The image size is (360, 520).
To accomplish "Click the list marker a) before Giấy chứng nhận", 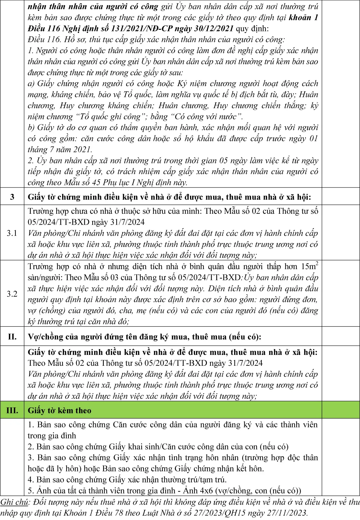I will [x=31, y=84].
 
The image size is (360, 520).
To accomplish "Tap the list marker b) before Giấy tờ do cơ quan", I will [x=31, y=127].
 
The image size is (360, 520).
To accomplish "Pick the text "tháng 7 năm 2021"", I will [x=59, y=149].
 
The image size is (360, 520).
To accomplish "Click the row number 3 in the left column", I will [x=12, y=196].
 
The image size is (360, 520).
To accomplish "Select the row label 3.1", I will [x=12, y=233].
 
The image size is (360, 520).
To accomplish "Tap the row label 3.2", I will [x=12, y=294].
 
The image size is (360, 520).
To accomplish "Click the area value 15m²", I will [x=309, y=266].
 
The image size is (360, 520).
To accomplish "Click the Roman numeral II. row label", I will [x=12, y=337].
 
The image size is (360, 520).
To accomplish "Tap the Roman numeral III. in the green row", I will [x=12, y=410].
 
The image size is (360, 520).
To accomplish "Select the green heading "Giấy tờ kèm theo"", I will [x=60, y=410].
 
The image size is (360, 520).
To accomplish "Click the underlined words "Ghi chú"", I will [x=14, y=502].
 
